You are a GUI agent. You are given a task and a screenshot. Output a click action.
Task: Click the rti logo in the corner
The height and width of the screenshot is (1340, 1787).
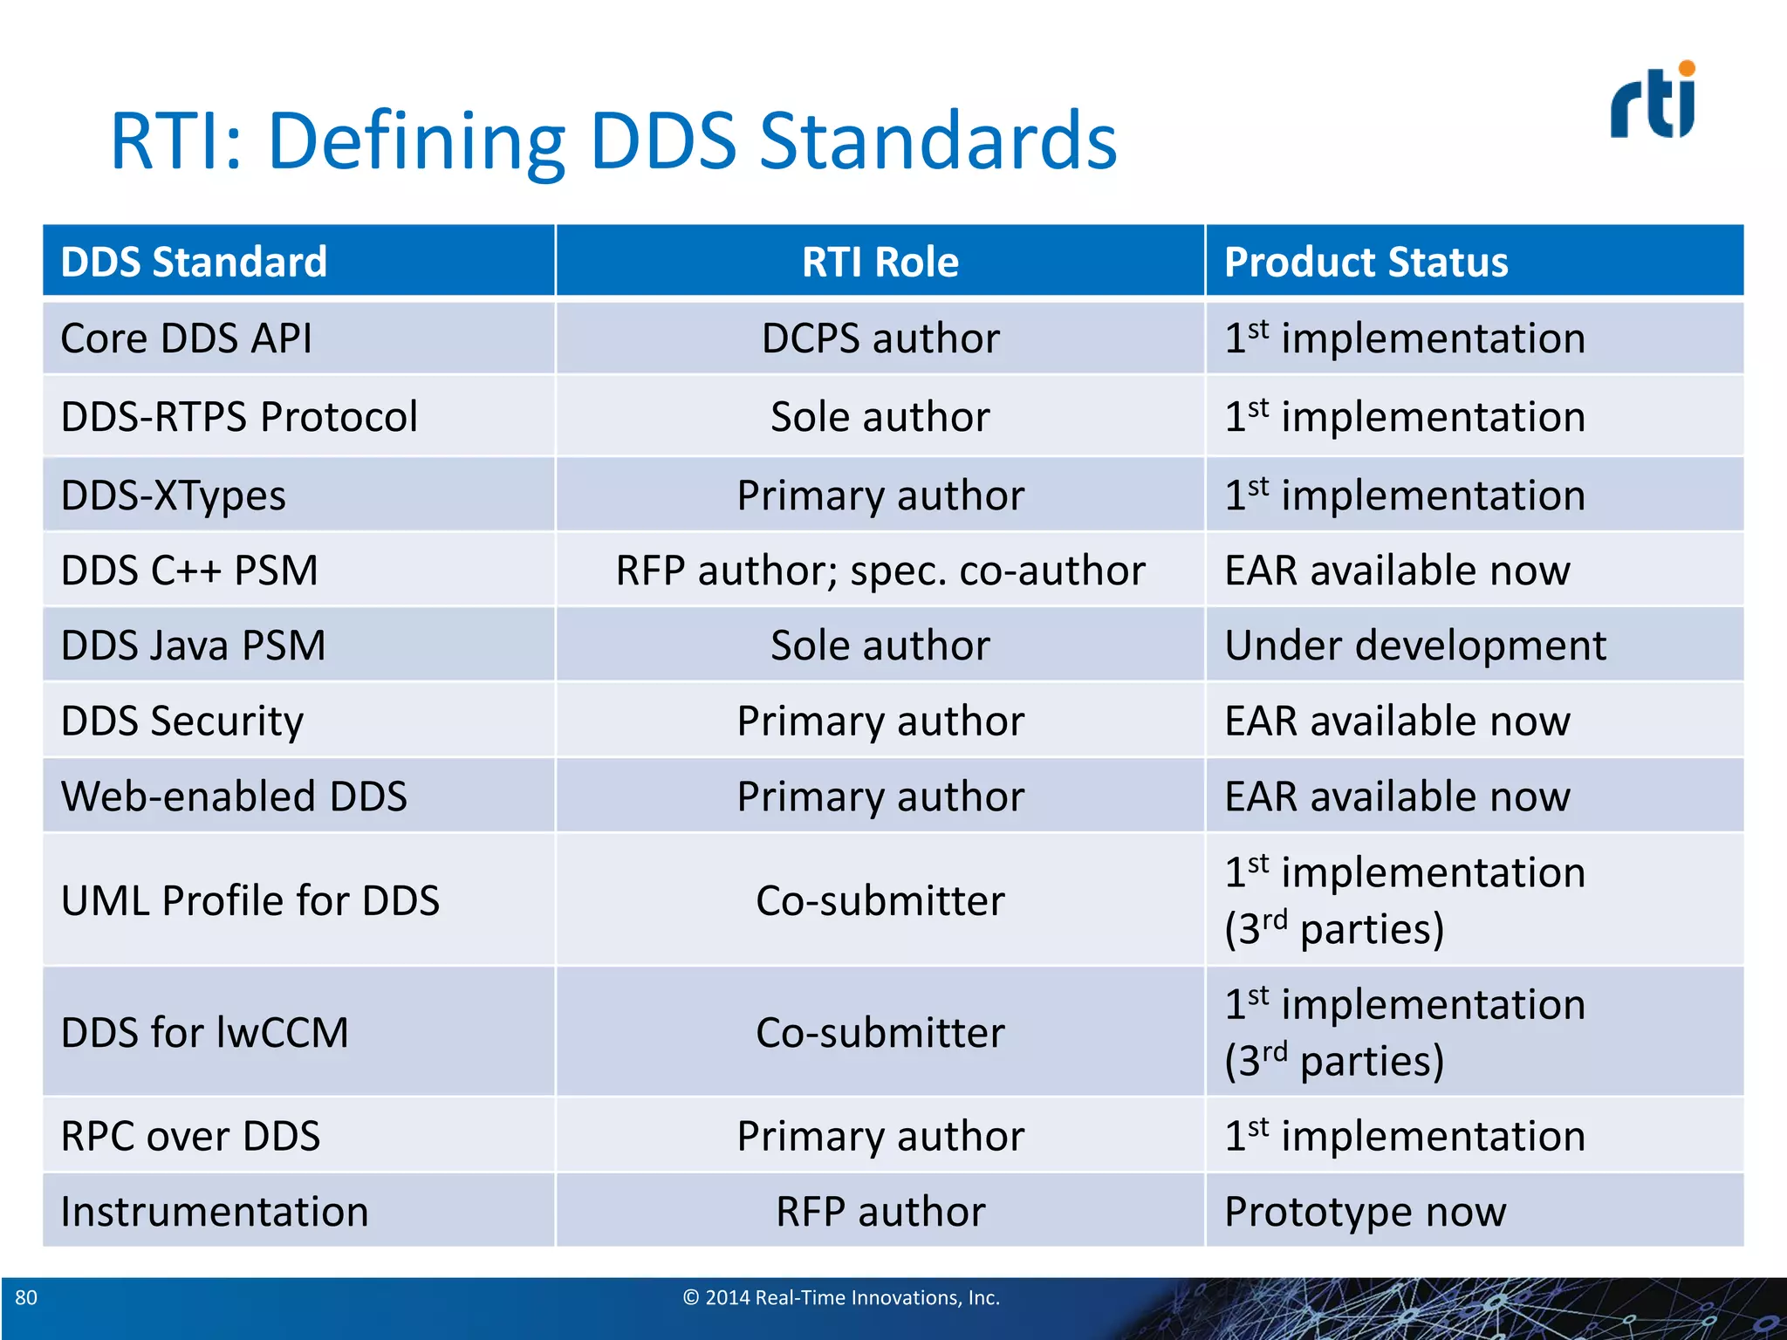click(1652, 103)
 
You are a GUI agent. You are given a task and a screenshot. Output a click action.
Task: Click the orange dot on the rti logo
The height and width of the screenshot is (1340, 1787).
click(1686, 69)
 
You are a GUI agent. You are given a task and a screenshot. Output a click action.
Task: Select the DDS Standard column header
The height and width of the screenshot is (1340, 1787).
click(194, 262)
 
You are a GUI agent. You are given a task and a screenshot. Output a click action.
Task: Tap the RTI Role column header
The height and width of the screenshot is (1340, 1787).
click(880, 262)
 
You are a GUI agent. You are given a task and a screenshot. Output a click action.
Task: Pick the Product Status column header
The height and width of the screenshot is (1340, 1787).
click(1366, 262)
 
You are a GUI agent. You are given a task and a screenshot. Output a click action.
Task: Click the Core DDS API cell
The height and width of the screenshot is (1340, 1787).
click(186, 338)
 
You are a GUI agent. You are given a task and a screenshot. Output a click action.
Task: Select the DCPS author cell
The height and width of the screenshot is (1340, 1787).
click(880, 338)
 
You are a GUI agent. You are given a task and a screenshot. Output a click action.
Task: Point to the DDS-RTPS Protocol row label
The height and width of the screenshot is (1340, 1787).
click(239, 416)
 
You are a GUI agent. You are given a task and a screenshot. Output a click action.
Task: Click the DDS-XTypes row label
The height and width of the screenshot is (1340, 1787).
click(173, 495)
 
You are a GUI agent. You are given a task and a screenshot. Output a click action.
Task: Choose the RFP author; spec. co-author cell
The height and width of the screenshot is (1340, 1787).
click(880, 571)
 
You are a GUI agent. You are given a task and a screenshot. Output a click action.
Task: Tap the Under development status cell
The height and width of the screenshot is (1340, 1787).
click(1414, 646)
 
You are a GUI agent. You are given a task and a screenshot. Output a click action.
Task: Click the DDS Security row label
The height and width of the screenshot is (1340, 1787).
click(181, 721)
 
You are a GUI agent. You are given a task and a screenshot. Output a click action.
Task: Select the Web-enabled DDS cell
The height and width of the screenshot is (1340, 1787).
click(234, 796)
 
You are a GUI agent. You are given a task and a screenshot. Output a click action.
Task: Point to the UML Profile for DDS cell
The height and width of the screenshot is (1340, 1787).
click(250, 900)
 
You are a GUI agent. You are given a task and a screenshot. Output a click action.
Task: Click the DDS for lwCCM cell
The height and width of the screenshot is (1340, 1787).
click(204, 1032)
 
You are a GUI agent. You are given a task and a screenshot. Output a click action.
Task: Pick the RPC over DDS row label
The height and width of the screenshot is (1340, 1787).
click(190, 1136)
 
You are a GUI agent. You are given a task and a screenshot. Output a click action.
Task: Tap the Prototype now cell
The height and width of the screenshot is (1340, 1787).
click(1365, 1212)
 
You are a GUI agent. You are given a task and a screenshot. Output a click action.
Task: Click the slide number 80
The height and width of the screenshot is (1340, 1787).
click(26, 1297)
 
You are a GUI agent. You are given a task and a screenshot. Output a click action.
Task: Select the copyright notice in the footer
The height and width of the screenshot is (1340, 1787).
click(840, 1297)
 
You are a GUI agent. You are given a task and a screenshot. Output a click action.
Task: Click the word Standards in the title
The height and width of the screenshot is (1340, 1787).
click(938, 141)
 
